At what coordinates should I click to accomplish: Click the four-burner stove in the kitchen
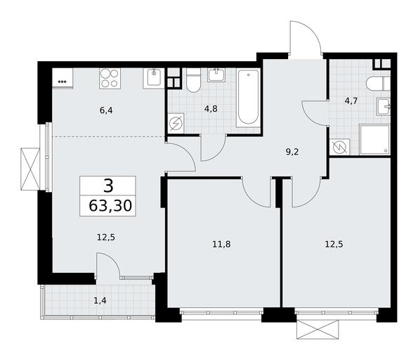tap(110, 78)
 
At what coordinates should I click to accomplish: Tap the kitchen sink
tap(154, 78)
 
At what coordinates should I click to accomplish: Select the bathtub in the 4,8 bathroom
tap(248, 98)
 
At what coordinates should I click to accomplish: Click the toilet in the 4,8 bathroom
tap(193, 80)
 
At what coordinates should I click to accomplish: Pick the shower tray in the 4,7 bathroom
tap(374, 139)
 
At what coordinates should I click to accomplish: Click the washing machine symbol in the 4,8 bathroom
tap(176, 124)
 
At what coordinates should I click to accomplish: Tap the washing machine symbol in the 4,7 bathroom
tap(340, 147)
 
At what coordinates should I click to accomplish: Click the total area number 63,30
tap(110, 206)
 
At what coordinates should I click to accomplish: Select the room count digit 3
tap(108, 186)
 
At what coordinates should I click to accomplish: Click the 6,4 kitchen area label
tap(106, 110)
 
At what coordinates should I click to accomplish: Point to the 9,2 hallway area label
tap(292, 152)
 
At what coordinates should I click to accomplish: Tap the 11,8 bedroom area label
tap(221, 244)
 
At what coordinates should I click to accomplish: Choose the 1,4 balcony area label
tap(100, 301)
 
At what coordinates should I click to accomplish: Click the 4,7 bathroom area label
tap(351, 101)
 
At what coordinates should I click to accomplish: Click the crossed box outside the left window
tap(30, 169)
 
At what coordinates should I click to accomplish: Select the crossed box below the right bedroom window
tap(318, 329)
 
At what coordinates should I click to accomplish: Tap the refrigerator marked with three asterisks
tap(63, 78)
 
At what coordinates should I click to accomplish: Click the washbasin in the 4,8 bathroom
tap(216, 75)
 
